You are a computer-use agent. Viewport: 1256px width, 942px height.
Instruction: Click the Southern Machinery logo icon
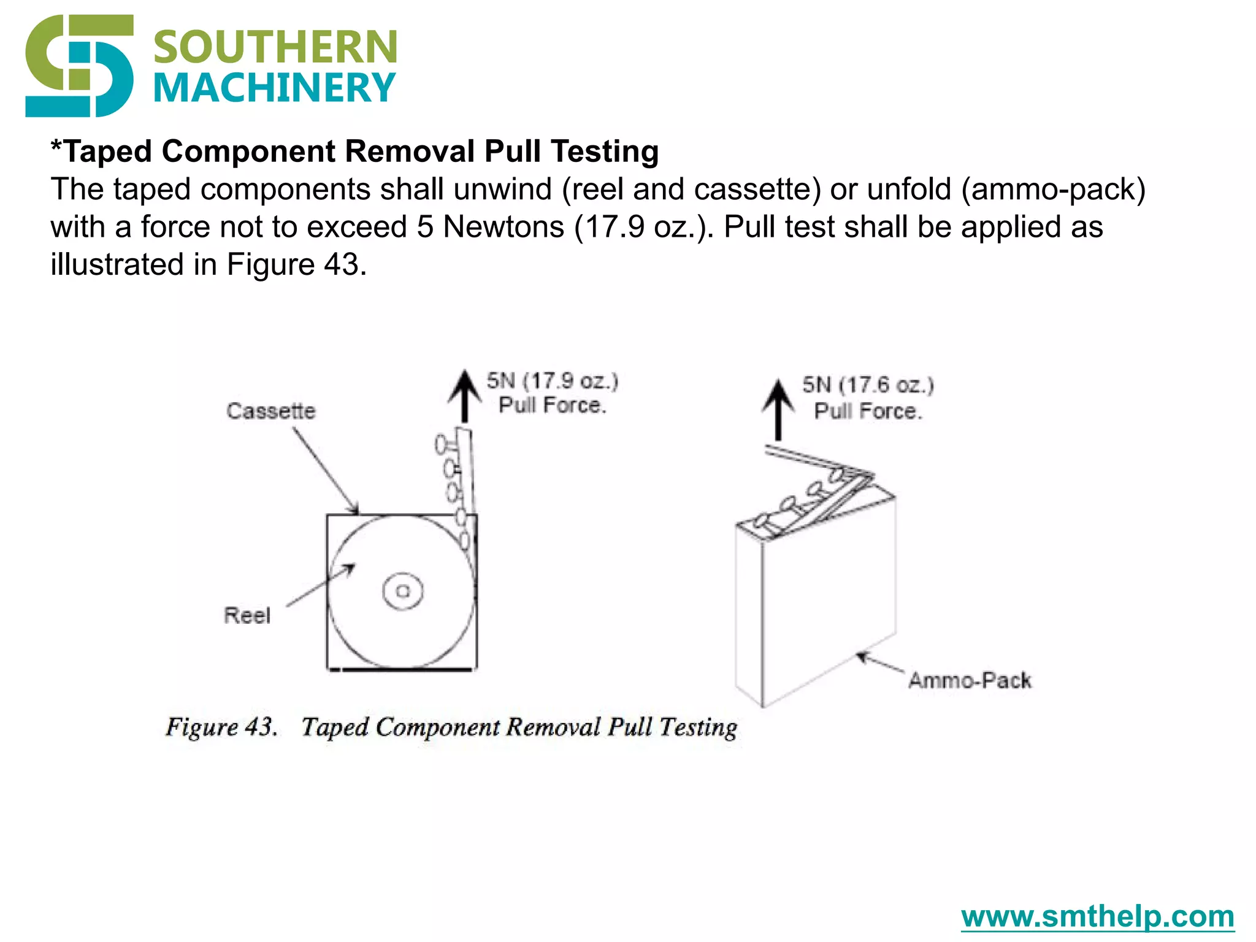(x=79, y=66)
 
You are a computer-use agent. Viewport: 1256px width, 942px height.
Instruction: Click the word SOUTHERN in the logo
(x=275, y=47)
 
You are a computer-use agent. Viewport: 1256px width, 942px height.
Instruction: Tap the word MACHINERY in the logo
(x=274, y=88)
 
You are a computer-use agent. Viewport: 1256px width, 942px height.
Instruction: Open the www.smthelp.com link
(x=1097, y=916)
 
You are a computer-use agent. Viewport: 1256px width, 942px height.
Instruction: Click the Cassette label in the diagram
(x=270, y=411)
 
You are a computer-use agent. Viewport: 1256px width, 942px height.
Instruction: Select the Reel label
(x=247, y=615)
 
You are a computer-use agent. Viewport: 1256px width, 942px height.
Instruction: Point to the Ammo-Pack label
(x=970, y=680)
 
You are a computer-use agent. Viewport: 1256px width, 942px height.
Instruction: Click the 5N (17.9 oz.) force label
(x=552, y=381)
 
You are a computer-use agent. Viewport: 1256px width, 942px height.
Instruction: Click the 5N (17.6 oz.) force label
(x=868, y=385)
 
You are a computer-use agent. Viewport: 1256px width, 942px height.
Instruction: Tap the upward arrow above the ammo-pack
(x=778, y=409)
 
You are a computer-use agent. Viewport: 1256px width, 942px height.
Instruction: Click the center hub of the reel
(x=403, y=591)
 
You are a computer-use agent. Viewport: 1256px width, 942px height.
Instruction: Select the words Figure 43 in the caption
(x=221, y=727)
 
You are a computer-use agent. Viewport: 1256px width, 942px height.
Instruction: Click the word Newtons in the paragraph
(x=503, y=227)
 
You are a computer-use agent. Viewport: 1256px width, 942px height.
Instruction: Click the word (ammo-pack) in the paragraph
(x=1053, y=189)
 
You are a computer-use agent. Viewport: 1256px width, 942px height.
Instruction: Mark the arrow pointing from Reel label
(x=320, y=585)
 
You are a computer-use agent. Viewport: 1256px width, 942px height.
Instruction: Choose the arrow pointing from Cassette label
(x=326, y=470)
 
